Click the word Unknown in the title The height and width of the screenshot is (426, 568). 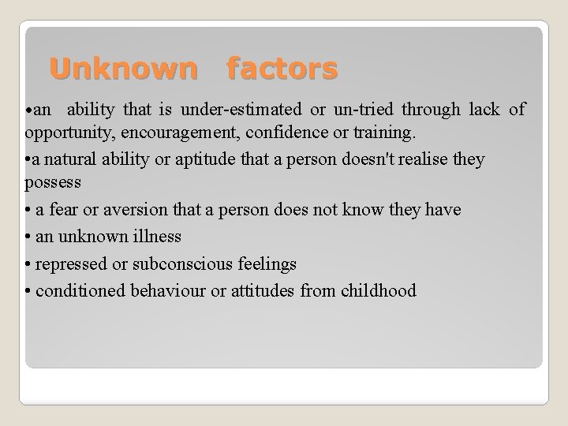click(122, 69)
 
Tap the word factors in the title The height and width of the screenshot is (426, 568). click(282, 69)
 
